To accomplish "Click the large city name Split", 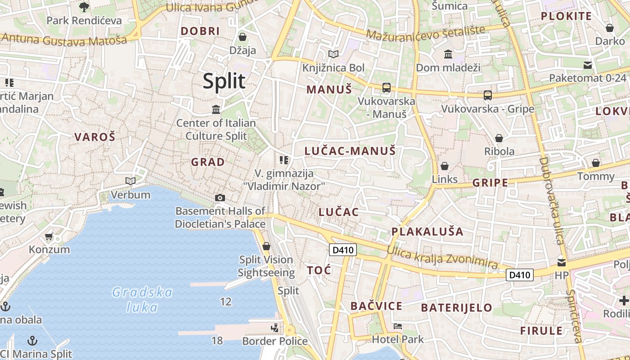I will [x=224, y=81].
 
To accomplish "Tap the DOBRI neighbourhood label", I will [x=200, y=31].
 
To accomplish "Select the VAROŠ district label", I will [x=94, y=137].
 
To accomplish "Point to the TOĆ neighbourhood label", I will [x=319, y=270].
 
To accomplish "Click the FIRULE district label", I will [x=541, y=331].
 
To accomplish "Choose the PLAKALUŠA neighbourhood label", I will [x=427, y=232].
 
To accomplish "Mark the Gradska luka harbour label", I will [x=142, y=300].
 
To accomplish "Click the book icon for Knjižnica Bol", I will [x=333, y=54].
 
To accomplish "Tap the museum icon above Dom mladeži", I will [x=448, y=54].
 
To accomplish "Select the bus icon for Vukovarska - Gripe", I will [x=488, y=95].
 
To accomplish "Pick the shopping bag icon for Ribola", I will [x=499, y=138].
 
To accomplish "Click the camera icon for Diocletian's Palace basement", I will [x=220, y=198].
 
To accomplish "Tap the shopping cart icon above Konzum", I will [x=49, y=236].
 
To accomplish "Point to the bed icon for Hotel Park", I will [x=398, y=326].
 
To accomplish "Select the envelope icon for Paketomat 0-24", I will [x=588, y=65].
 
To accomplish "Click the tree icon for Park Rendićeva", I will [x=84, y=7].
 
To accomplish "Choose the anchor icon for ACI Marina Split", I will [x=32, y=341].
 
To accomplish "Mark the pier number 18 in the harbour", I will [x=217, y=340].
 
